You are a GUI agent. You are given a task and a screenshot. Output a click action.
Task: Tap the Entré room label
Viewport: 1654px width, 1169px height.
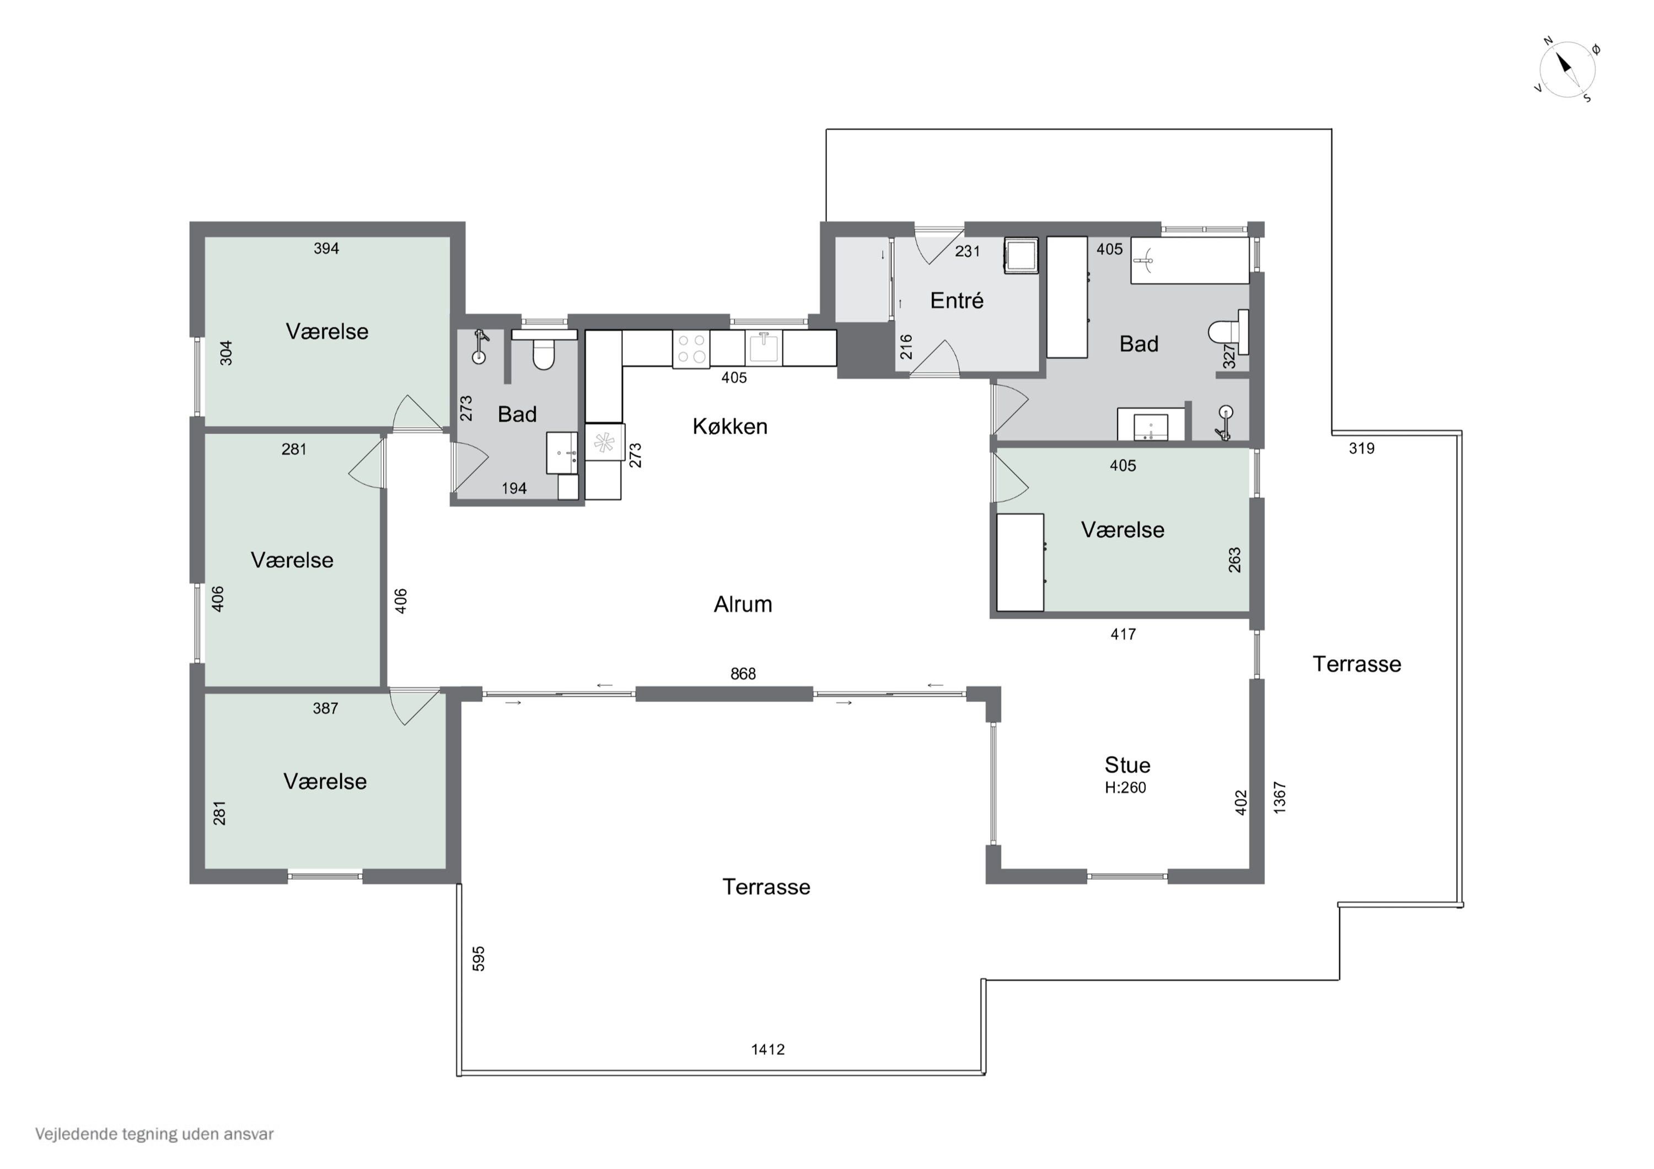tap(957, 300)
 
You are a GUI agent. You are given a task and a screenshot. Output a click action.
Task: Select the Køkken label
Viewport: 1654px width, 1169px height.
tap(730, 427)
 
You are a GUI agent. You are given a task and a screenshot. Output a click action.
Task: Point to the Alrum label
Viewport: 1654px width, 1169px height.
tap(743, 604)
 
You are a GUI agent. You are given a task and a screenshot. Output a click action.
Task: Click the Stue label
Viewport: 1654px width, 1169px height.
tap(1127, 764)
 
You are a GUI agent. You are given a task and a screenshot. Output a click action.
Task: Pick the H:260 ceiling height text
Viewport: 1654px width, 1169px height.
tap(1125, 787)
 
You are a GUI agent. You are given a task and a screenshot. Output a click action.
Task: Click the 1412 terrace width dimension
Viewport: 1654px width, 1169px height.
tap(768, 1049)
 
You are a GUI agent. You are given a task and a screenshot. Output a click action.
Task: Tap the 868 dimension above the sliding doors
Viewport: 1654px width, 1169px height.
tap(743, 674)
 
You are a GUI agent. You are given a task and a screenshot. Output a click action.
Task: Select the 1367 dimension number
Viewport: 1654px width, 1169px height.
tap(1280, 798)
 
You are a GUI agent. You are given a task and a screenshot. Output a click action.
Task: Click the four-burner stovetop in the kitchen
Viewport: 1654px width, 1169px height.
tap(691, 349)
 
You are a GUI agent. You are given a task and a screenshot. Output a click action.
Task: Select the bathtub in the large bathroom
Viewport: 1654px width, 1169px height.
tap(1189, 260)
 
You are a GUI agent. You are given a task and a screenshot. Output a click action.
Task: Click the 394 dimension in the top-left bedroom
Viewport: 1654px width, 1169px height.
tap(326, 249)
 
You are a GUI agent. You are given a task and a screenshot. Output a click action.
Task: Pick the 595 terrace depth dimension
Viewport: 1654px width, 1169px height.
tap(479, 958)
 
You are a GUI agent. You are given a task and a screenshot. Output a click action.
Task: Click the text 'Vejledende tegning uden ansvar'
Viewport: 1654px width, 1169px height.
tap(155, 1134)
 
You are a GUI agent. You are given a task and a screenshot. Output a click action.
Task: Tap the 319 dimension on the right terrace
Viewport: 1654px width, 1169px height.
tap(1362, 448)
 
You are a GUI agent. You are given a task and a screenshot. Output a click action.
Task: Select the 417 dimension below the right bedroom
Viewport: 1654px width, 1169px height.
tap(1123, 634)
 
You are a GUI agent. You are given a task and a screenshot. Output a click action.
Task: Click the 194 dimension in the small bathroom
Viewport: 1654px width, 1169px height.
tap(514, 488)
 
